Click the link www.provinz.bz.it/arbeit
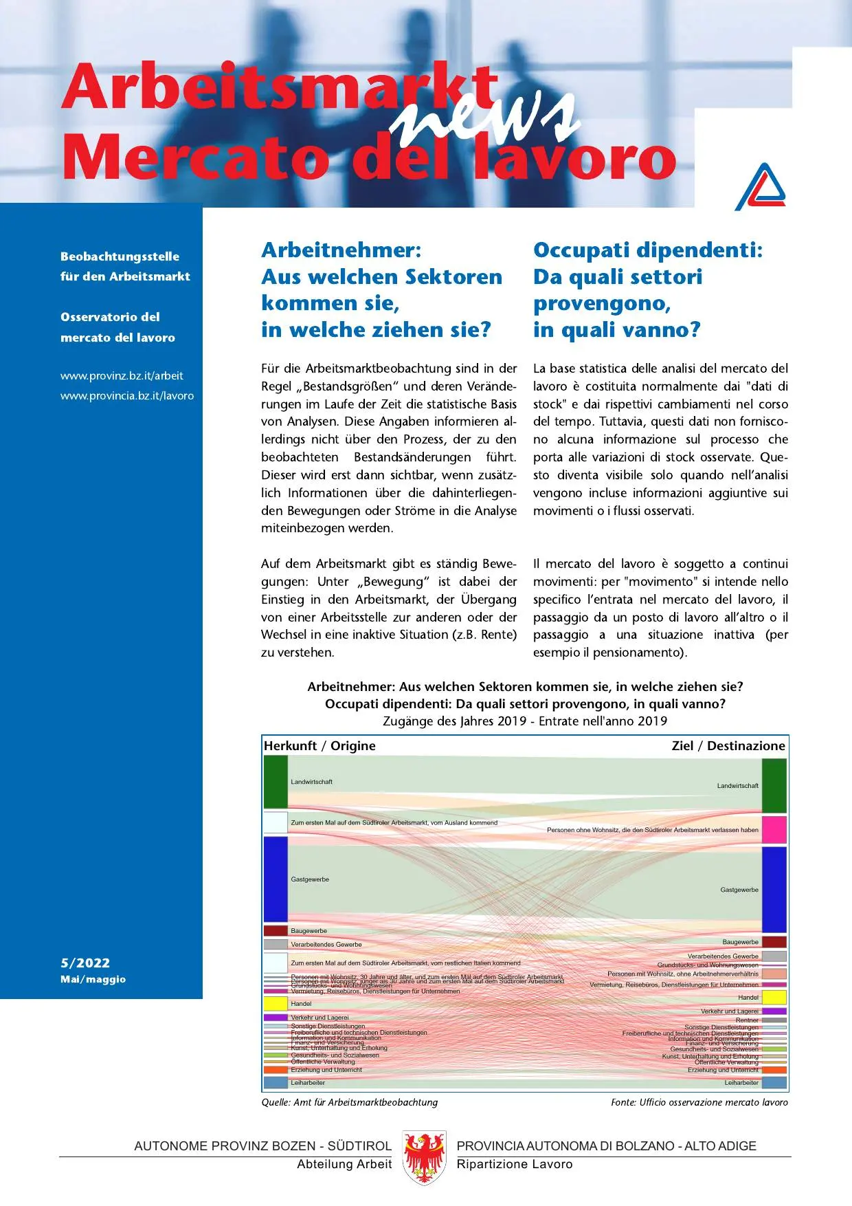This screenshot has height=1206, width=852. [122, 375]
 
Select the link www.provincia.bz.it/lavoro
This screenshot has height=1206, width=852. [127, 396]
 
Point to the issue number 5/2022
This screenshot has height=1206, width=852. [85, 963]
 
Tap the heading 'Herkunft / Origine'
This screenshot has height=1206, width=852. [319, 746]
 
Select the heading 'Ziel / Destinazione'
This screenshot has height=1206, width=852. [728, 746]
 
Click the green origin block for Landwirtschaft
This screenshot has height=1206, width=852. [276, 782]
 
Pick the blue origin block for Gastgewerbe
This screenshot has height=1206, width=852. [276, 879]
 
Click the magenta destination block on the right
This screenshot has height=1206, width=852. [774, 830]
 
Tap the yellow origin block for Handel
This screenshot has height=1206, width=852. [276, 1003]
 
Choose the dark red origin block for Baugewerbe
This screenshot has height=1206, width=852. [276, 931]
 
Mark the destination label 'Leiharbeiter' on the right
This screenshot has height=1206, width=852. [741, 1083]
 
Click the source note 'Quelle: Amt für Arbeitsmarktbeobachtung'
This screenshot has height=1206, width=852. [349, 1102]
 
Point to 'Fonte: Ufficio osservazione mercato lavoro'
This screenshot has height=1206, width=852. [699, 1102]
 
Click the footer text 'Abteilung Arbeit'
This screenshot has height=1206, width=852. [344, 1164]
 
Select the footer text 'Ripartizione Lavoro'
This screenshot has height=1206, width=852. [515, 1164]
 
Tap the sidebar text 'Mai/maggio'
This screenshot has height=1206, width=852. [93, 979]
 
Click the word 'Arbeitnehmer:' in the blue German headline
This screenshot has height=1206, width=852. [341, 250]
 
